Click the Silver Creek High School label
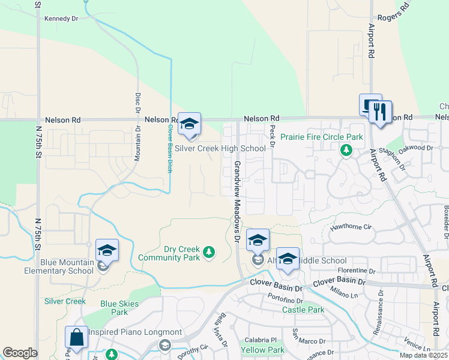[220, 148]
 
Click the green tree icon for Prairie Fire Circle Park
[346, 150]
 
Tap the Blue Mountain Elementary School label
[67, 266]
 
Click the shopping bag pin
[77, 337]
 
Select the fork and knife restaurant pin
[380, 112]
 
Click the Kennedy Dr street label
[61, 19]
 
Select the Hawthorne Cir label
[352, 228]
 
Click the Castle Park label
[303, 310]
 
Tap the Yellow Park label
[262, 350]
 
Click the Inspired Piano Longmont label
[135, 332]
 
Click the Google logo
[20, 353]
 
